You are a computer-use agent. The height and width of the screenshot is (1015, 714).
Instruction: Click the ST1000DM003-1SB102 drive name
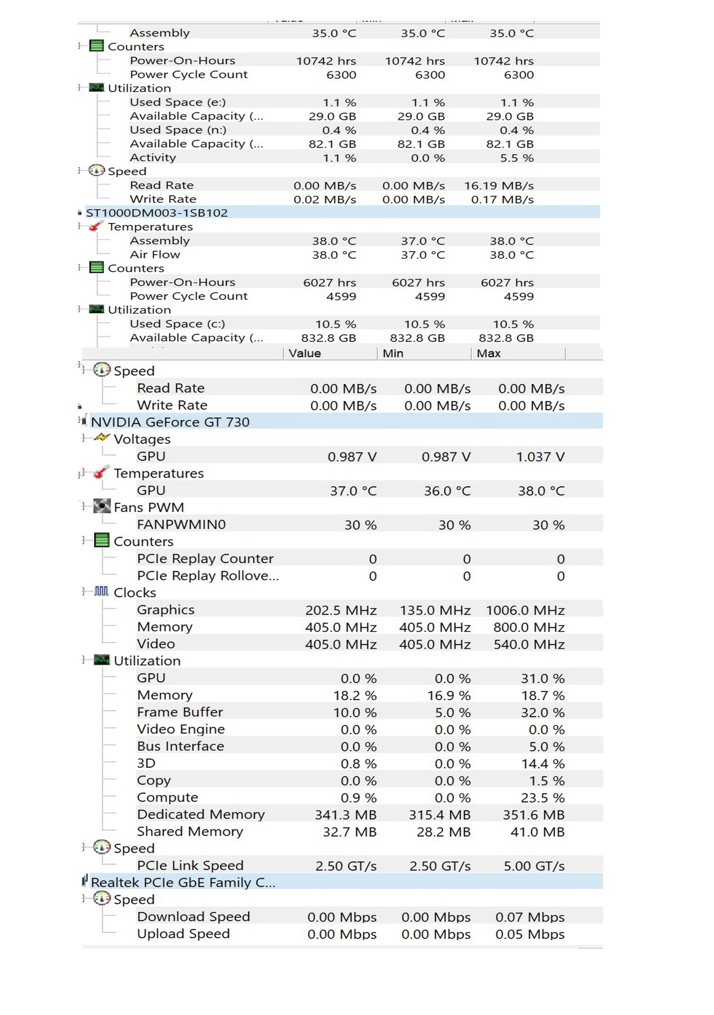coord(157,213)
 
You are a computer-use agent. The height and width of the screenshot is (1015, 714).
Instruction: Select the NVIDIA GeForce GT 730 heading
coord(170,422)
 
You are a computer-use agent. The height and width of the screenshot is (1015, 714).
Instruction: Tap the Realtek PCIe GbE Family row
coord(183,882)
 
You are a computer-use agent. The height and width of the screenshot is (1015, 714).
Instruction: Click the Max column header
coord(488,353)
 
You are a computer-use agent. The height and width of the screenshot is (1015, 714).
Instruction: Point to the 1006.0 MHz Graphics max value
coord(525,610)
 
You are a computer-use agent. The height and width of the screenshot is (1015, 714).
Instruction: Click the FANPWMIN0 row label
coord(181,524)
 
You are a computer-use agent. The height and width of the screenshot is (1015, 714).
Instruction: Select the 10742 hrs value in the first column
coord(326,61)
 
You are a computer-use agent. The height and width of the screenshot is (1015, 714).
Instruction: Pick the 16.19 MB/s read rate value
coord(498,186)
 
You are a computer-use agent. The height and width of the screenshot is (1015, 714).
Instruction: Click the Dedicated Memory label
coord(201,814)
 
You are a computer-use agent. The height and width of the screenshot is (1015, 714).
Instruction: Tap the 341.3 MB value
coord(346,815)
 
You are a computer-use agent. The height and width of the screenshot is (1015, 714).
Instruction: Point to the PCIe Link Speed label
coord(190,865)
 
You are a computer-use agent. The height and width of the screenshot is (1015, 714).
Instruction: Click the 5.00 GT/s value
coord(534,866)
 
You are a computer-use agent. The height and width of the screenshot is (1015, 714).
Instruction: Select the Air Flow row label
coord(155,255)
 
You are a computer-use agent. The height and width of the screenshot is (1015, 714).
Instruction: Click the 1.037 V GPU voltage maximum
coord(540,456)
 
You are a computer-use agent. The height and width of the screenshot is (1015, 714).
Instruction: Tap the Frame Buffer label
coord(180,712)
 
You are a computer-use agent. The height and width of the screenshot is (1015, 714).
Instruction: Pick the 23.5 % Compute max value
coord(542,798)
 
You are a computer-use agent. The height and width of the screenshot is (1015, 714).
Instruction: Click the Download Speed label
coord(193,916)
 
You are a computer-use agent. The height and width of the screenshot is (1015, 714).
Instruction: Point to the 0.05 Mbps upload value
coord(530,934)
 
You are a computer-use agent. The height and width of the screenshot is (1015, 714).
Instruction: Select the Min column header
coord(393,353)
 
